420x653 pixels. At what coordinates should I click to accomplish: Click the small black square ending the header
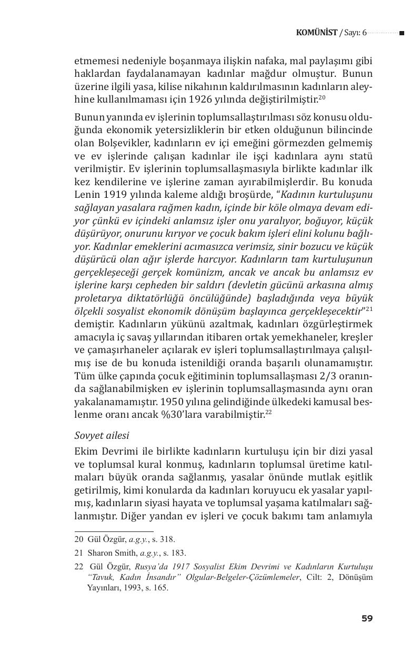[x=402, y=33]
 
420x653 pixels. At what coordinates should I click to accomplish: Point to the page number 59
[x=367, y=618]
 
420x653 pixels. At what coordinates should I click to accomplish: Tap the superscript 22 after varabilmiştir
[x=268, y=411]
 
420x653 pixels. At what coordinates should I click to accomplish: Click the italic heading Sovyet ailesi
[x=102, y=436]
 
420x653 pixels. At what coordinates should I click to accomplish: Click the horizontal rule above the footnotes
[x=114, y=531]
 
